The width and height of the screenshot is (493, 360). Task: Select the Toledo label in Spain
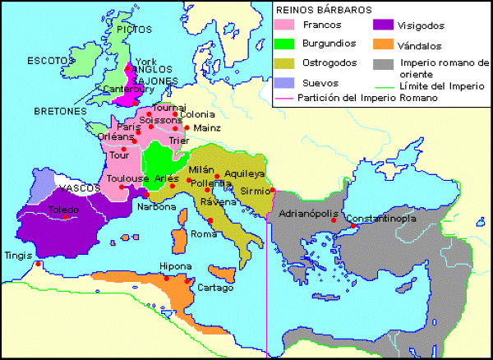tap(63, 210)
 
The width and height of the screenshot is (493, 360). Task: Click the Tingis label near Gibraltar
tap(17, 255)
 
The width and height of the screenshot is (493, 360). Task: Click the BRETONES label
tap(58, 110)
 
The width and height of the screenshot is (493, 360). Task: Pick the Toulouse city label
tap(122, 178)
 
